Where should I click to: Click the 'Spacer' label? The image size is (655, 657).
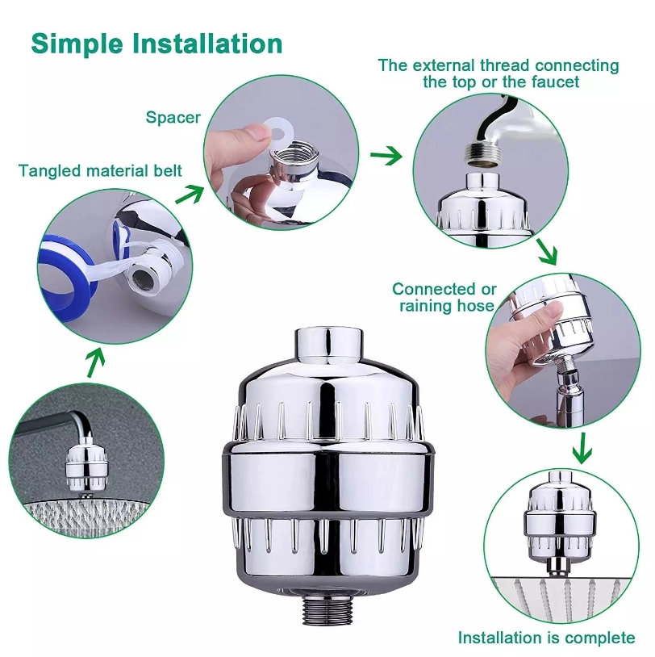173,118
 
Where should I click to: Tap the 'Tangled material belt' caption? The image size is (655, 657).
100,171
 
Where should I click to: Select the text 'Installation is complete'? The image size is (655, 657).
546,638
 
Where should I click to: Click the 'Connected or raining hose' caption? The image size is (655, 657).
444,297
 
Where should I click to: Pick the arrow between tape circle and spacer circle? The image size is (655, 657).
190,194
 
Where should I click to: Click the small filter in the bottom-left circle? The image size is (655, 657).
80,468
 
